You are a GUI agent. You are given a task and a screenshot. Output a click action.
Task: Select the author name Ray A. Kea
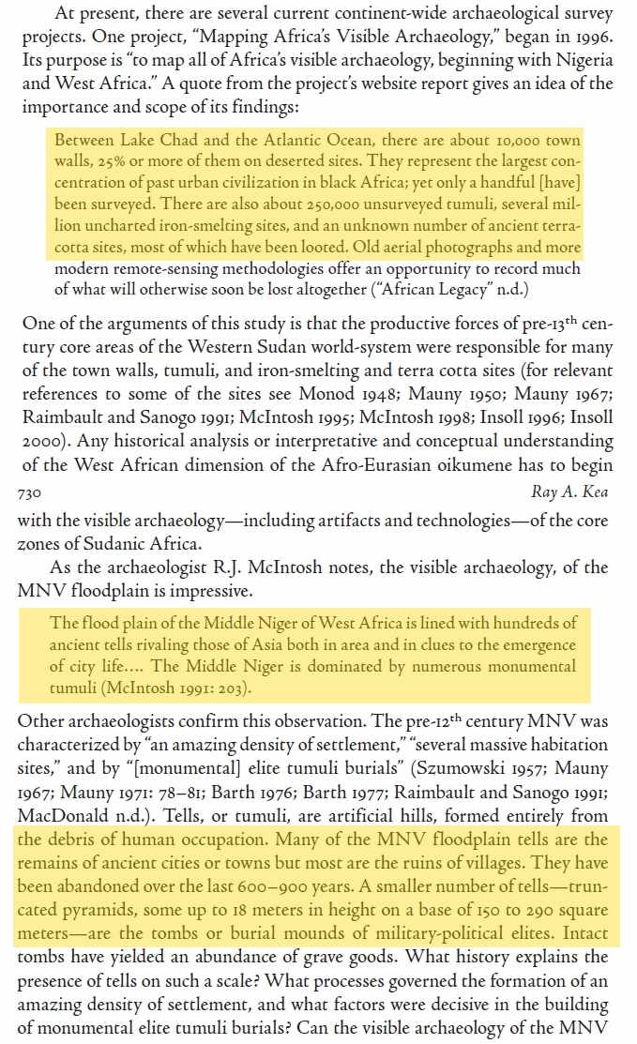pyautogui.click(x=570, y=492)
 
